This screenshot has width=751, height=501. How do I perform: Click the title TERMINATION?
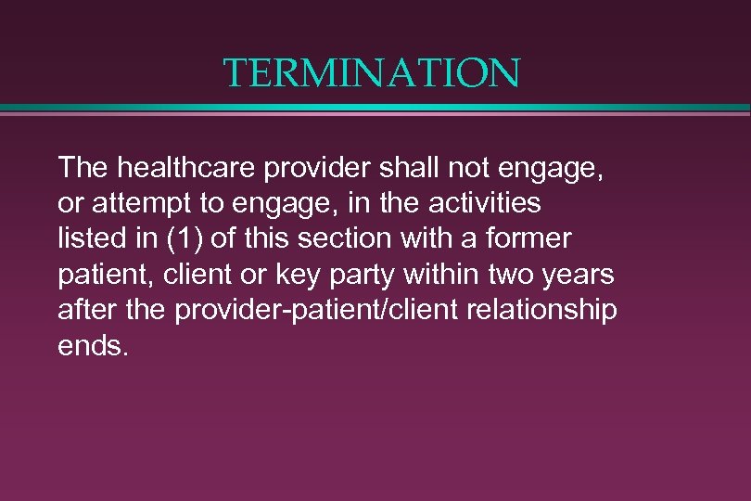click(373, 72)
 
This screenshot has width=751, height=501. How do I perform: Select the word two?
click(508, 275)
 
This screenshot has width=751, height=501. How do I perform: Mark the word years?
click(580, 275)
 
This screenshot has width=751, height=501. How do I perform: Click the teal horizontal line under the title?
click(375, 108)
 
